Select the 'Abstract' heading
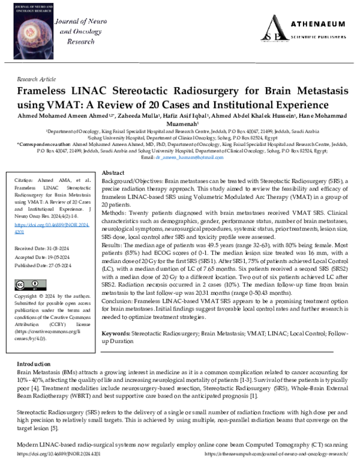pos(113,172)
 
